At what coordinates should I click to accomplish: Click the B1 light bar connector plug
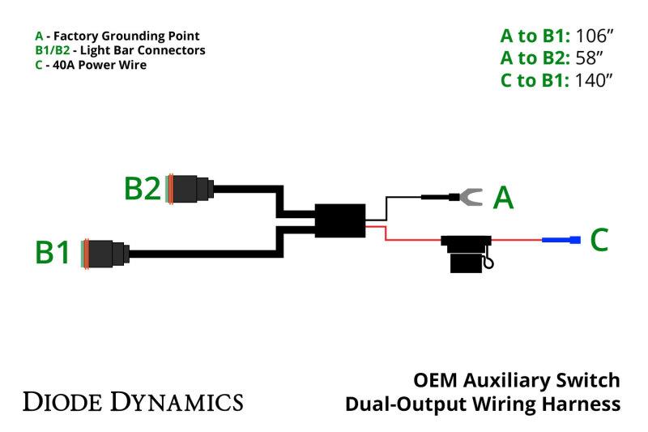pos(106,254)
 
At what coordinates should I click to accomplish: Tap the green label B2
pos(143,189)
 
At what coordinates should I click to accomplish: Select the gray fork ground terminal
pos(469,195)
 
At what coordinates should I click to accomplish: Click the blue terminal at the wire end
pos(562,240)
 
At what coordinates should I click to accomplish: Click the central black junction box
pos(339,220)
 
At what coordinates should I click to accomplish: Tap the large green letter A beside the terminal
pos(504,197)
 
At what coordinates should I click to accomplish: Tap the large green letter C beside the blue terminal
pos(599,240)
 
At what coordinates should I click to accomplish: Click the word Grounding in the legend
pos(134,36)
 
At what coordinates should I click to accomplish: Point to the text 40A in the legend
pos(59,65)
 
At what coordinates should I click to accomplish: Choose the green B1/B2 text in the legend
pos(52,50)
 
